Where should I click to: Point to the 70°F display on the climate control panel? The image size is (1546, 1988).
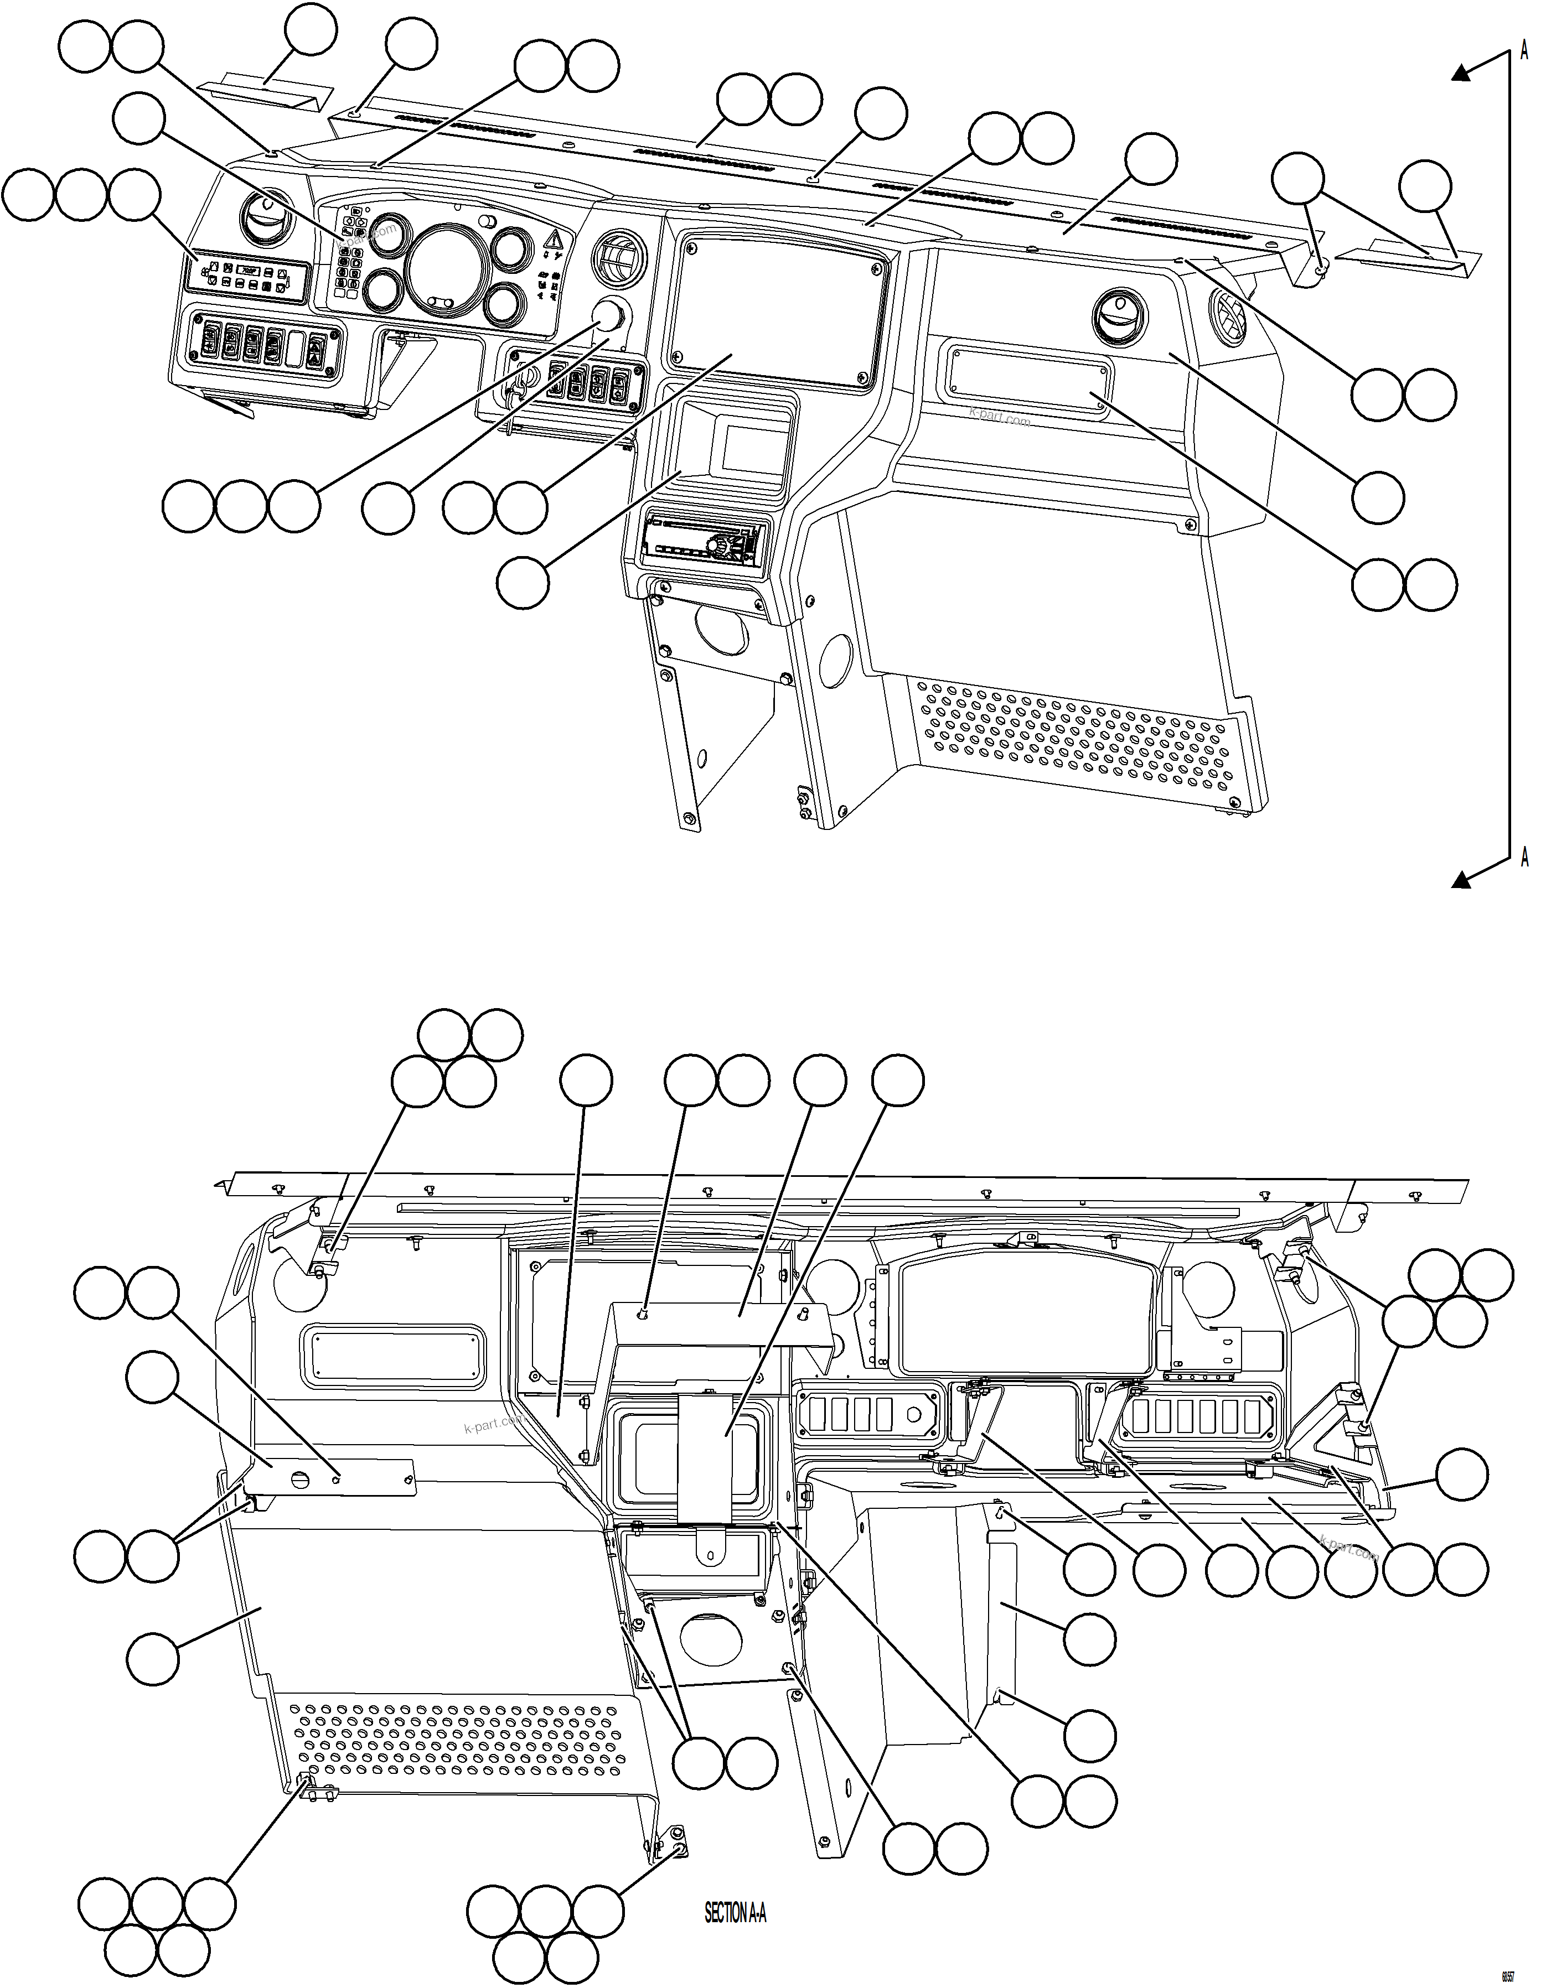247,271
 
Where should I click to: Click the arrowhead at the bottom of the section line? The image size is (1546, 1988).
1462,879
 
